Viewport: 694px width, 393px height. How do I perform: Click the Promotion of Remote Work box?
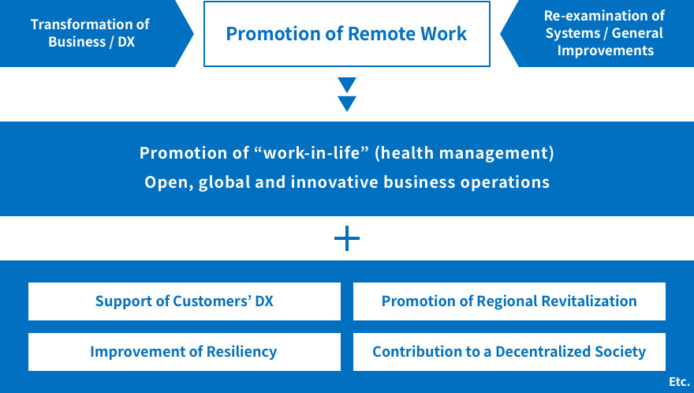pos(346,34)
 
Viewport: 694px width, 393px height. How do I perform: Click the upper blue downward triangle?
pos(347,84)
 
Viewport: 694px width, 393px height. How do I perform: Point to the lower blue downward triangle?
pos(347,103)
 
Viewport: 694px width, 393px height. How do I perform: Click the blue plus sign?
pos(347,238)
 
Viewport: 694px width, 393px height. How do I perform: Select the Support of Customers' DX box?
pos(185,301)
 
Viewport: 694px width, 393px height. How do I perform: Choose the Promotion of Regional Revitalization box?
pos(509,301)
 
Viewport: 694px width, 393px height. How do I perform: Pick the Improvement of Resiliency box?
pos(185,352)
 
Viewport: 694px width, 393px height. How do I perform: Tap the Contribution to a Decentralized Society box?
pos(509,352)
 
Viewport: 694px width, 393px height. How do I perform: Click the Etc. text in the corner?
pos(679,381)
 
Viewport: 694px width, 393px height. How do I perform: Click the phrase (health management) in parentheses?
pos(465,153)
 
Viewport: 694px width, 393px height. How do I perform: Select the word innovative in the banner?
pos(334,182)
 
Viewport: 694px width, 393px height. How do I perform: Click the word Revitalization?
pos(589,301)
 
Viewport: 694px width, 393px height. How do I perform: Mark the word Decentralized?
pos(543,352)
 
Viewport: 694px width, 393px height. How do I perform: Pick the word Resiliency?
pos(241,352)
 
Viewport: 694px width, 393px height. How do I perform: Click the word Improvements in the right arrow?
pos(606,51)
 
